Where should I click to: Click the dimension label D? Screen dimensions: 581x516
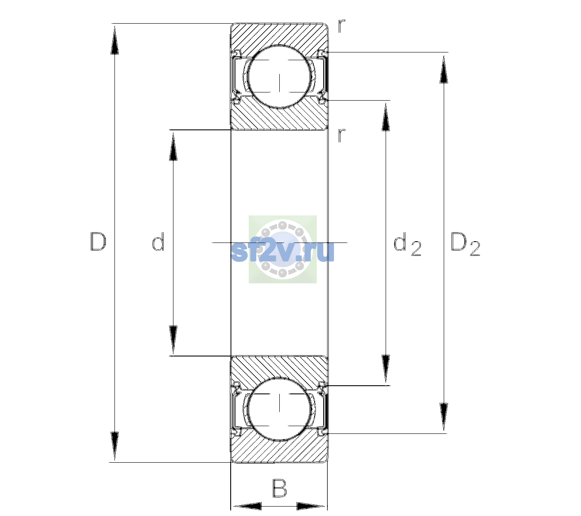99,242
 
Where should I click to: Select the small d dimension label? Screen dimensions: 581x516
158,241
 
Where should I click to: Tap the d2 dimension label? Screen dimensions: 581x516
408,244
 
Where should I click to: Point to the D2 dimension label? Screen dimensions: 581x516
465,244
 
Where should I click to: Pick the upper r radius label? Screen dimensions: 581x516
342,26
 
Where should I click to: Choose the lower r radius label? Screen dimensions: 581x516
342,135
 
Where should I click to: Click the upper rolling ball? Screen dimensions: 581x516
280,77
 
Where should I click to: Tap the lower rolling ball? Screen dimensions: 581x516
280,408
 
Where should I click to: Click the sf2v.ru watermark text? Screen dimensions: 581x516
282,252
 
